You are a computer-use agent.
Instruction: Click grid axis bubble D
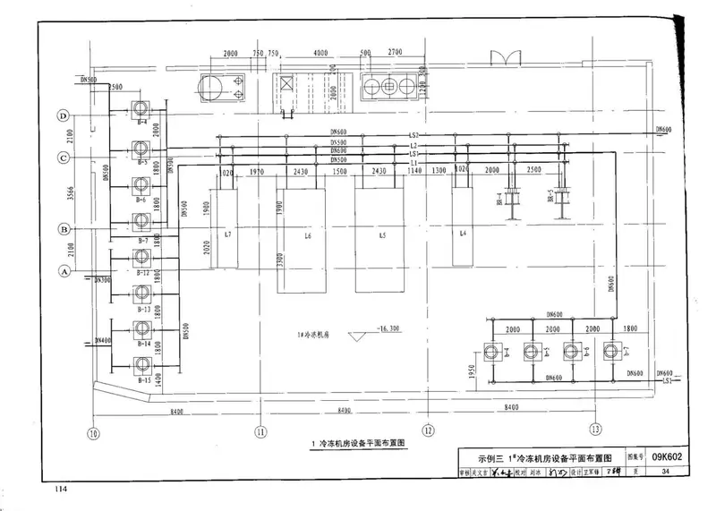click(64, 116)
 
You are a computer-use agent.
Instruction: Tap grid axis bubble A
click(64, 269)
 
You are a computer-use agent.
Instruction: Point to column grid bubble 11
click(260, 431)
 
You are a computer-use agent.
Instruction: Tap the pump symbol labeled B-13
click(141, 294)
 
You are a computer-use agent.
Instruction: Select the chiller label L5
click(382, 235)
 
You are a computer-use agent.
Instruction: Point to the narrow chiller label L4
click(463, 234)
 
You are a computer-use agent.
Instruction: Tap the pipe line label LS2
click(414, 135)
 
